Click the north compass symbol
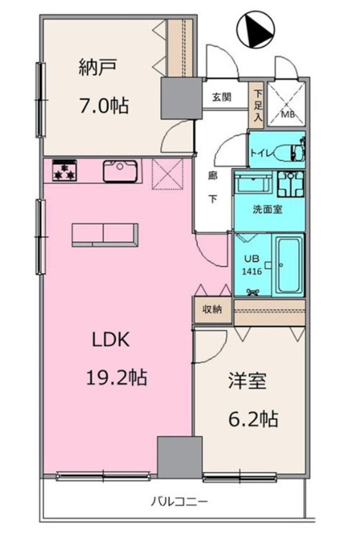coord(256,30)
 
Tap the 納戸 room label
coord(98,67)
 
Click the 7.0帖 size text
coord(104,105)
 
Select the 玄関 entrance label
coord(222,97)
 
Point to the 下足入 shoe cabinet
coord(258,105)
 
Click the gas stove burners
coord(64,171)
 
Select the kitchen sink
coord(120,171)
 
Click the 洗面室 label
coord(267,209)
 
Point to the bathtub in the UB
coord(289,266)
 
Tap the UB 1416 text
coord(252,265)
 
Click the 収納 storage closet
coord(212,310)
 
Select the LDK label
coord(111,340)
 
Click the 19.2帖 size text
coord(117,378)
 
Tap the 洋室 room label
coord(247,381)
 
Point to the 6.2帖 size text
coord(253,419)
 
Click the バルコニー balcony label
coord(179,502)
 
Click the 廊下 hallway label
coord(213,187)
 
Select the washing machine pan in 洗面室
coord(291,184)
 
